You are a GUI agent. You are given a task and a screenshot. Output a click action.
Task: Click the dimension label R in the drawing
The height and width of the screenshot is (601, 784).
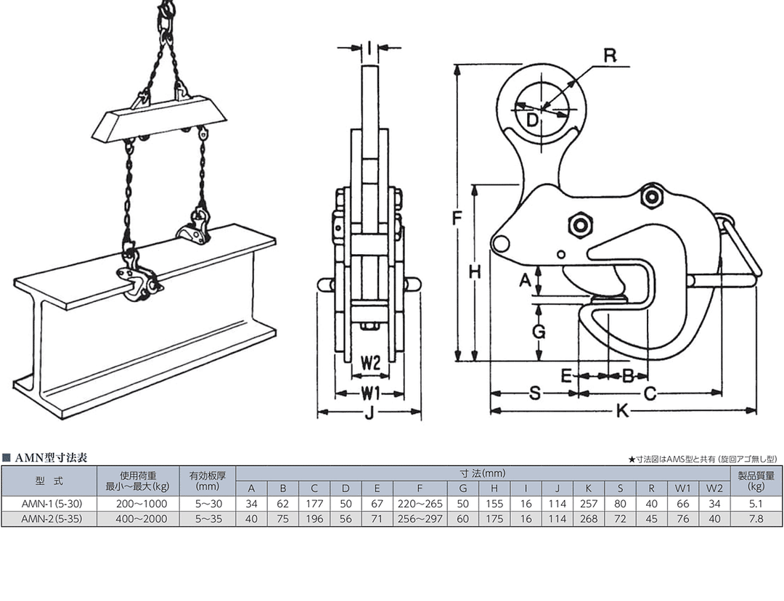(610, 55)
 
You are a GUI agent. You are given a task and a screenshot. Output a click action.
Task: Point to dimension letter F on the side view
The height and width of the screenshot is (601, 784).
(455, 218)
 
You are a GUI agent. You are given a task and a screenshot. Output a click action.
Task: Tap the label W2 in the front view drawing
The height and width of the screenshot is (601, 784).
(370, 364)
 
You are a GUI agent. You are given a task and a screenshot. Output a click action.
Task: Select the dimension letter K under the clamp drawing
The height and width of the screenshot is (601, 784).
(622, 411)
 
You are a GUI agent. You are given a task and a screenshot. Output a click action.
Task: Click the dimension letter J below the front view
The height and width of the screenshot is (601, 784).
(369, 414)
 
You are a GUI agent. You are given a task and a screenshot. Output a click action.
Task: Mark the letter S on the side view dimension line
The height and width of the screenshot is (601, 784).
(534, 393)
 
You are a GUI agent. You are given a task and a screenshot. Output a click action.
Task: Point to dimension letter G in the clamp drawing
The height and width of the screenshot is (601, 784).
(539, 332)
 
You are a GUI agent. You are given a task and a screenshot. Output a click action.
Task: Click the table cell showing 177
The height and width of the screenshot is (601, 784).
(314, 503)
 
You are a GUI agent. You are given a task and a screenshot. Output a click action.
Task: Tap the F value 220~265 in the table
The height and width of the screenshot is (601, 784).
(420, 503)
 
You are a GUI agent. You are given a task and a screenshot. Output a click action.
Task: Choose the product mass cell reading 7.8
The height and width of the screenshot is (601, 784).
(756, 518)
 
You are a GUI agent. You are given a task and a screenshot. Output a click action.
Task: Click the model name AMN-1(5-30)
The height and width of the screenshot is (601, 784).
(49, 503)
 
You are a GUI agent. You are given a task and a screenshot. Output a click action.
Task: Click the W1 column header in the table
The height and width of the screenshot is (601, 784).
(682, 488)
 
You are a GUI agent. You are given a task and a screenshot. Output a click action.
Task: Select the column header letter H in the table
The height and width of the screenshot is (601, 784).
(494, 488)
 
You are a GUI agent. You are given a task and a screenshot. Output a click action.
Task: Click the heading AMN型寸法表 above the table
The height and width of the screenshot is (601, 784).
(51, 458)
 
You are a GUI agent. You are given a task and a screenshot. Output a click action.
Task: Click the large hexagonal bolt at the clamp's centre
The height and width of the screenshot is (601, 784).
(581, 224)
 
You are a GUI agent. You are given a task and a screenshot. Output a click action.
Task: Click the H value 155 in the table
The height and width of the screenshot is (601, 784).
(494, 503)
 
